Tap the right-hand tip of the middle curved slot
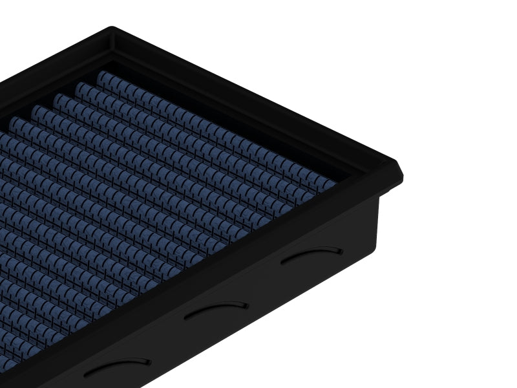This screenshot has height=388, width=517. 247,304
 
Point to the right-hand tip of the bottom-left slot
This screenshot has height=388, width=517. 150,360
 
